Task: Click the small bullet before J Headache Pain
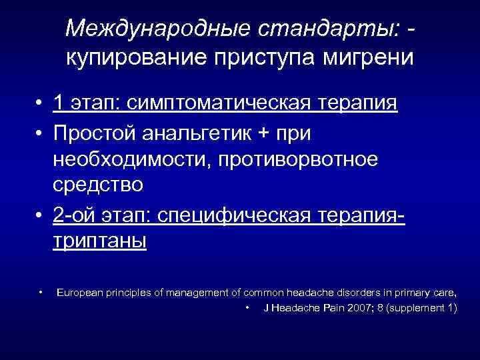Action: click(x=247, y=307)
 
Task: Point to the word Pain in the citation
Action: click(x=321, y=307)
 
